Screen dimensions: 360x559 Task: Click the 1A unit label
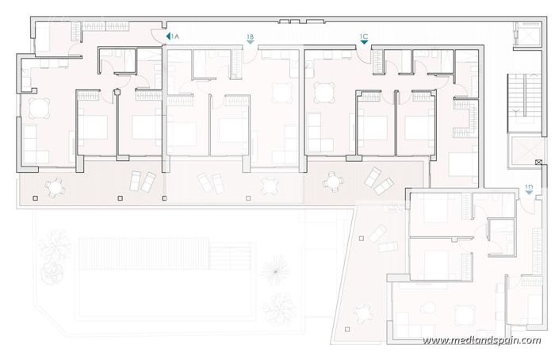[x=176, y=36]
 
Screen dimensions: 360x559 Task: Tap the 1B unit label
[x=251, y=36]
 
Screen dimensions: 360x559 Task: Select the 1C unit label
[x=363, y=36]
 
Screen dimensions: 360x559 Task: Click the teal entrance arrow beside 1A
[x=167, y=36]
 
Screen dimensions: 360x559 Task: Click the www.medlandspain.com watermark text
[x=481, y=341]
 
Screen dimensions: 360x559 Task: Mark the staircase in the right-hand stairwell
[x=519, y=99]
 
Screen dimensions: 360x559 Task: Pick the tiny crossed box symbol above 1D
[x=539, y=163]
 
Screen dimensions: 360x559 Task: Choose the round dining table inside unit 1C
[x=323, y=93]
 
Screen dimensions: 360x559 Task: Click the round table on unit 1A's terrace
[x=55, y=187]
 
